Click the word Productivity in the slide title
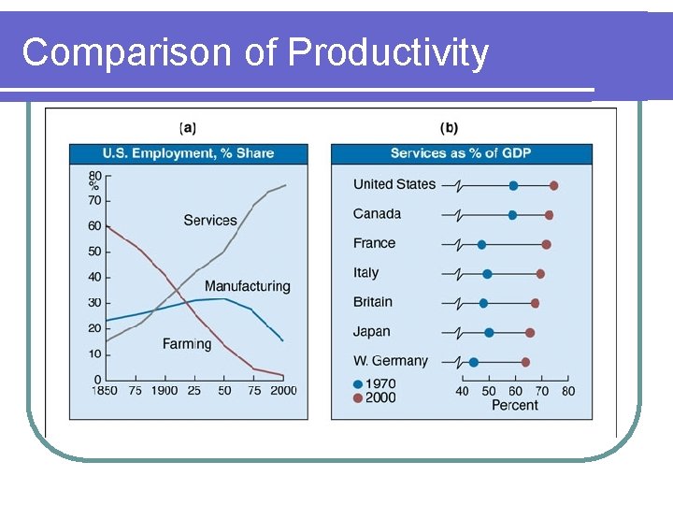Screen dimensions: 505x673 pos(388,53)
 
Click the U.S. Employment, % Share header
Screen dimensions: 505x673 pos(188,153)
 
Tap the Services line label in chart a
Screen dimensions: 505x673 pos(210,220)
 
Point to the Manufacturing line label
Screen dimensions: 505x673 pos(247,286)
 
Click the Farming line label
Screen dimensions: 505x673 pos(187,344)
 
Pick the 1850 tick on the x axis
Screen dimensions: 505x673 pos(105,391)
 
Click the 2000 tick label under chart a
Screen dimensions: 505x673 pos(282,391)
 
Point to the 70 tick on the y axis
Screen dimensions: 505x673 pos(94,200)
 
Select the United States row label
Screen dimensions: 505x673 pos(394,184)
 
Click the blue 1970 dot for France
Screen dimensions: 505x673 pos(481,244)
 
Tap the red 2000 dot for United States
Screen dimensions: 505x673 pos(553,185)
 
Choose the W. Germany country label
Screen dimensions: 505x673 pos(391,361)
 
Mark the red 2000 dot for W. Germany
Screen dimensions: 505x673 pos(525,362)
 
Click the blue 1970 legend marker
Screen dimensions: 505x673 pos(358,383)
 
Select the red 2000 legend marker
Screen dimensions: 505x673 pos(358,397)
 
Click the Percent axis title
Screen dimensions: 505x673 pos(514,405)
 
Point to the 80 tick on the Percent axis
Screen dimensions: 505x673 pos(568,391)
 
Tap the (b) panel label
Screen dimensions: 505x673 pos(449,128)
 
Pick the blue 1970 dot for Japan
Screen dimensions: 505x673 pos(489,332)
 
